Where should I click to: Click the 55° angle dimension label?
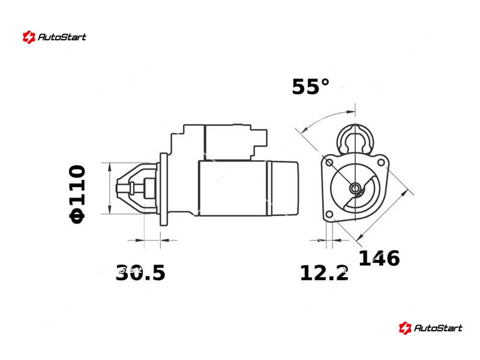coord(311,86)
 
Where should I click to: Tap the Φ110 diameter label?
coord(77,194)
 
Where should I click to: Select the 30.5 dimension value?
coord(140,273)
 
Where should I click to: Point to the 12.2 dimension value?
coord(324,273)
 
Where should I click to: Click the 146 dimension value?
coord(379,258)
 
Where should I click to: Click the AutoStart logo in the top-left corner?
coord(55,37)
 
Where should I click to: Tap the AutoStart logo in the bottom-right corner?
coord(430,328)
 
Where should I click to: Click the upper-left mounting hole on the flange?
coord(329,162)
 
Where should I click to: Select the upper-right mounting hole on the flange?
coord(381,163)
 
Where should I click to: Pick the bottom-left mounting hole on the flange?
coord(329,214)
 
